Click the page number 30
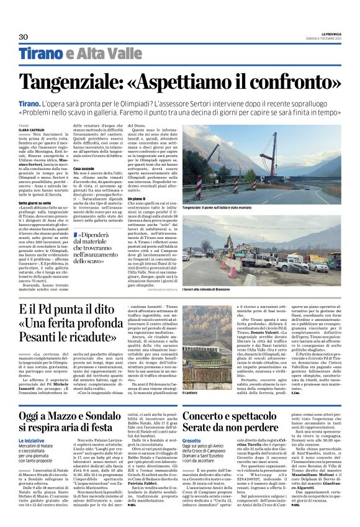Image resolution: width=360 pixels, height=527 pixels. (24, 37)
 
